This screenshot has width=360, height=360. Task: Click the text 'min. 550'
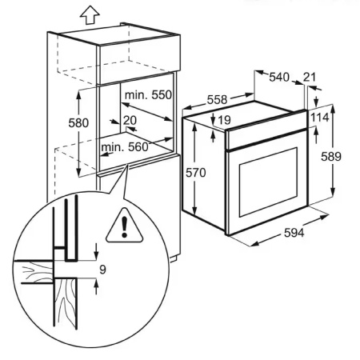pyautogui.click(x=150, y=94)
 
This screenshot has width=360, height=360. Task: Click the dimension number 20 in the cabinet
pyautogui.click(x=130, y=121)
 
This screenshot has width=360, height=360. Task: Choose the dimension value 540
pyautogui.click(x=278, y=78)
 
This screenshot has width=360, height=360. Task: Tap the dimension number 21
pyautogui.click(x=311, y=78)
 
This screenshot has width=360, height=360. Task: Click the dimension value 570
pyautogui.click(x=206, y=172)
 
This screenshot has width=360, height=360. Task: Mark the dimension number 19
pyautogui.click(x=224, y=120)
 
